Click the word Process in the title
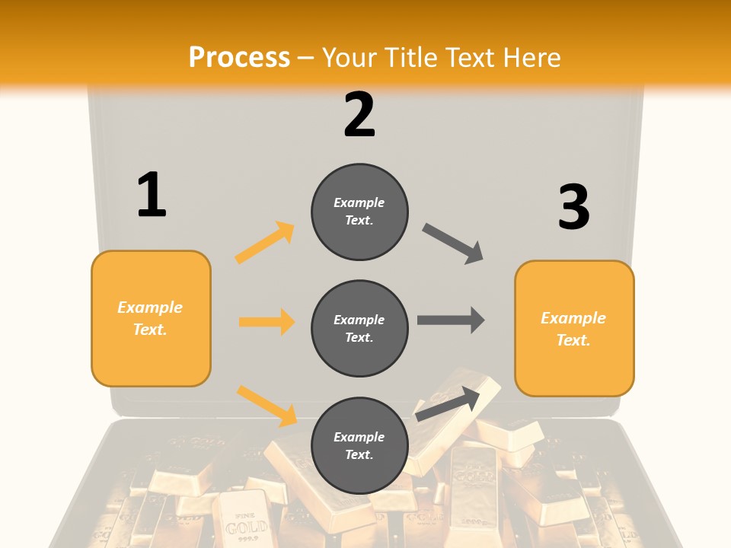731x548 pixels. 239,57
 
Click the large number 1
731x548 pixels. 151,195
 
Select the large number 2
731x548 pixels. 359,115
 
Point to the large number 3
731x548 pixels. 573,207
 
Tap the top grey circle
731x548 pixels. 359,212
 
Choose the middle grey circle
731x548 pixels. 359,328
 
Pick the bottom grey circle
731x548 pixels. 359,445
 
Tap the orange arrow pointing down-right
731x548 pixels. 267,406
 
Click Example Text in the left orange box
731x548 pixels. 150,318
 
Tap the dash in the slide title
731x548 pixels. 305,59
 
